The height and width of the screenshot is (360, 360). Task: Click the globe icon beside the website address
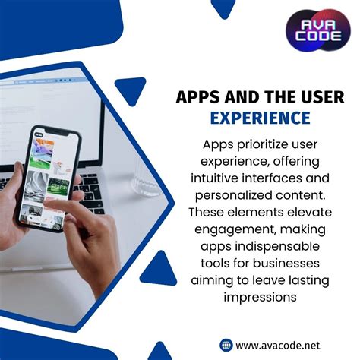coord(226,344)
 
